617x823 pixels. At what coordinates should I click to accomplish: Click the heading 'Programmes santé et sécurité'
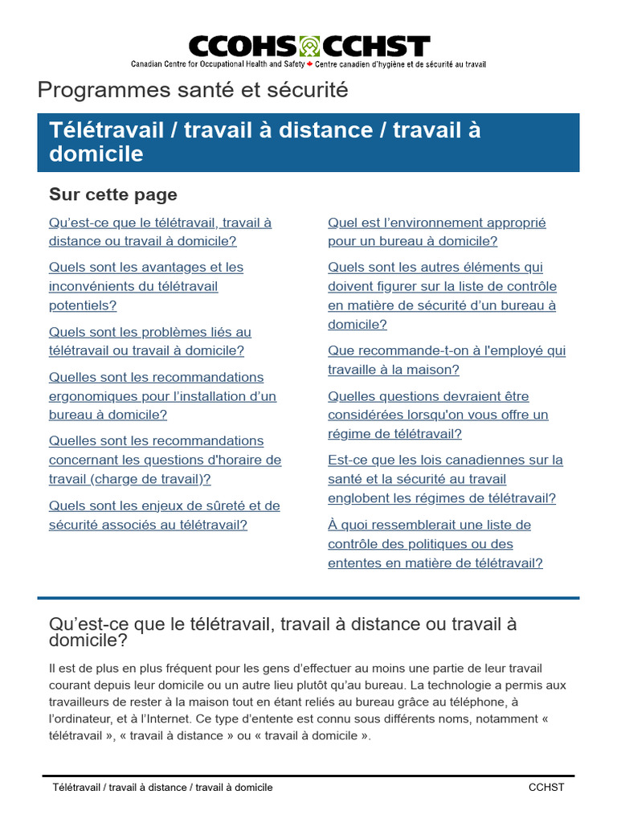(x=193, y=90)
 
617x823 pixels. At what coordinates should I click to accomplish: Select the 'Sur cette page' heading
(x=113, y=194)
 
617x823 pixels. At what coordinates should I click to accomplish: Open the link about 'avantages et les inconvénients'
(x=145, y=286)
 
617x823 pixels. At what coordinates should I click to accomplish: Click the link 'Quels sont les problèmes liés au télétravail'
(x=149, y=341)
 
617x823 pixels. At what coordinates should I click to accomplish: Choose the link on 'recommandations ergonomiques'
(x=161, y=395)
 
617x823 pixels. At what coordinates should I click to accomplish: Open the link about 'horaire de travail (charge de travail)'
(x=165, y=460)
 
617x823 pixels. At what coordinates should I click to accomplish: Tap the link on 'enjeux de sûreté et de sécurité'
(x=164, y=515)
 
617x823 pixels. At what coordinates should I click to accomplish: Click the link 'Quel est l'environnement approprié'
(x=436, y=231)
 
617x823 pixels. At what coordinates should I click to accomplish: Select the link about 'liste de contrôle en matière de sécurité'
(x=442, y=296)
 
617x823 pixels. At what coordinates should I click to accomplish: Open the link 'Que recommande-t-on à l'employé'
(x=446, y=360)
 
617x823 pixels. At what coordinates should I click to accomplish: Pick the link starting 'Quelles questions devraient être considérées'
(x=438, y=415)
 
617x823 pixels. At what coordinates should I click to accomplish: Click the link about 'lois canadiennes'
(x=445, y=478)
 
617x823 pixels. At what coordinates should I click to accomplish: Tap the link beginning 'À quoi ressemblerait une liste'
(x=435, y=543)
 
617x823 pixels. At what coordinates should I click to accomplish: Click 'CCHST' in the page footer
(x=546, y=787)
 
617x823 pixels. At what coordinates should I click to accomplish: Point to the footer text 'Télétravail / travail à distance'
(x=161, y=787)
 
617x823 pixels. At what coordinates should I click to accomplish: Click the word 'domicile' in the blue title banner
(x=96, y=154)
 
